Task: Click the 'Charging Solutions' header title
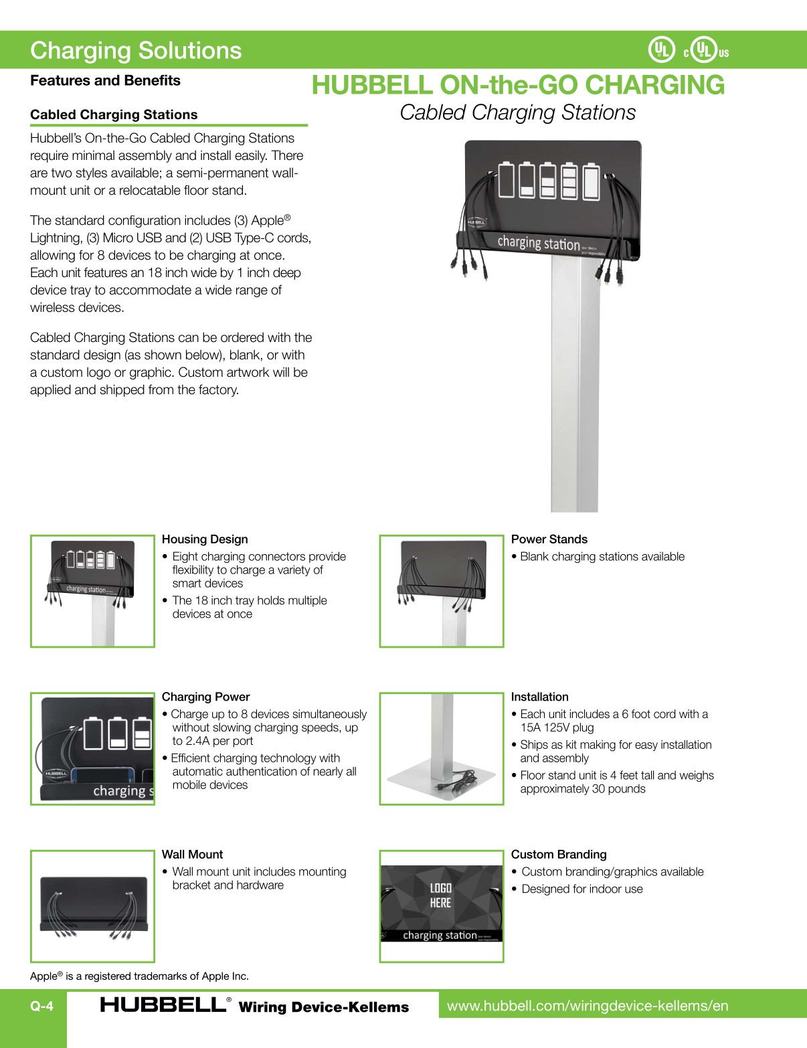pyautogui.click(x=136, y=51)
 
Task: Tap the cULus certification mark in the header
pyautogui.click(x=705, y=50)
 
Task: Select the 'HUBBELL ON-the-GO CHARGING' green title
pyautogui.click(x=518, y=85)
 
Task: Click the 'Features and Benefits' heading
pyautogui.click(x=105, y=80)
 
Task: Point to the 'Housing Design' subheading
pyautogui.click(x=205, y=539)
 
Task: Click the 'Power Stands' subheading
pyautogui.click(x=549, y=539)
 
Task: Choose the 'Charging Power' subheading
pyautogui.click(x=205, y=697)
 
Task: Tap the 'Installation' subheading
pyautogui.click(x=539, y=697)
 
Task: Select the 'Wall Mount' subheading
pyautogui.click(x=192, y=855)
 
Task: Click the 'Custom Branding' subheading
pyautogui.click(x=558, y=855)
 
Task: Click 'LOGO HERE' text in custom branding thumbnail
pyautogui.click(x=440, y=895)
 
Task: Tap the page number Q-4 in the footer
pyautogui.click(x=41, y=1006)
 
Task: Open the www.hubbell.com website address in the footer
pyautogui.click(x=587, y=1006)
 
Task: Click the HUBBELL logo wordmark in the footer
pyautogui.click(x=163, y=1005)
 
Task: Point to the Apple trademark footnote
pyautogui.click(x=139, y=976)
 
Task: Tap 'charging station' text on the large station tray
pyautogui.click(x=538, y=243)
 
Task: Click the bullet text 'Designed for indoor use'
pyautogui.click(x=581, y=889)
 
